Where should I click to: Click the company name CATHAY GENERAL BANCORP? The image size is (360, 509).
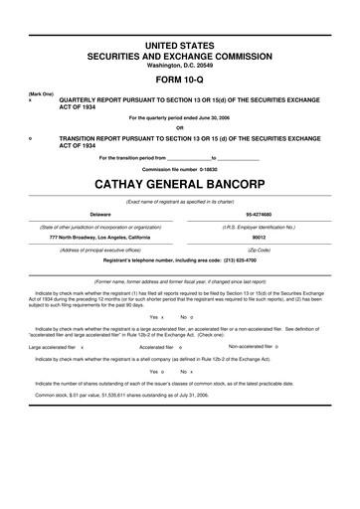(x=180, y=184)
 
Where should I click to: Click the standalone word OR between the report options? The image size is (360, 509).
(x=180, y=127)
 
